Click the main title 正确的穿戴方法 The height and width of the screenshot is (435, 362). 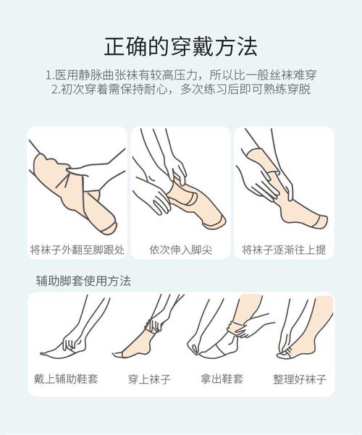pos(181,46)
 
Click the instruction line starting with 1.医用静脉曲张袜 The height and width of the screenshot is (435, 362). pos(181,75)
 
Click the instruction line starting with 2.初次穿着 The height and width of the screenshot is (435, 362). pos(181,89)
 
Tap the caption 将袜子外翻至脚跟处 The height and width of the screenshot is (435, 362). pos(77,250)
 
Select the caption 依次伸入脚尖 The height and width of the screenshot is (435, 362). pos(181,250)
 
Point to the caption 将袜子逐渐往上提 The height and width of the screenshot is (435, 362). pos(284,250)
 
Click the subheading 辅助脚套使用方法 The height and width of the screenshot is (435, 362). pos(83,281)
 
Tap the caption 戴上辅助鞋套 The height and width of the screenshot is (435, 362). pos(66,379)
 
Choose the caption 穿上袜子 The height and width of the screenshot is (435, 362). pos(149,379)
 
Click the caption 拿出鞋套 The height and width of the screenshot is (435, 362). pos(222,379)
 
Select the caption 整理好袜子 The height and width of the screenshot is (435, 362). pos(300,379)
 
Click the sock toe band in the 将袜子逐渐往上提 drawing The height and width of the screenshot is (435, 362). pos(321,221)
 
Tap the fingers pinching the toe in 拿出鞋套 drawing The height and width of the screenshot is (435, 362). pos(195,347)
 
